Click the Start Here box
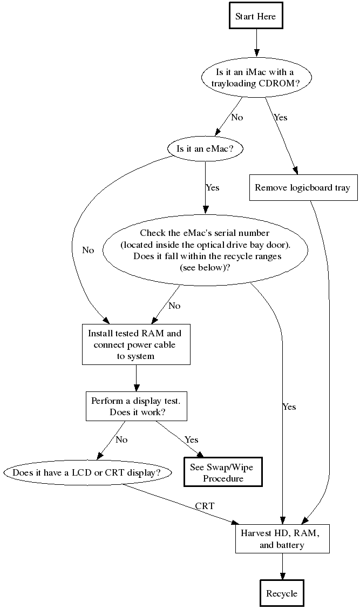256,16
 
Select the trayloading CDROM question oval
256,78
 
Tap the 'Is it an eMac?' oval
205,148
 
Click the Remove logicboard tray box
302,188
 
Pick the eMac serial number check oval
205,250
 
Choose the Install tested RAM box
136,344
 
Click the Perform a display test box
136,406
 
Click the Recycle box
282,593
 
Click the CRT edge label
205,506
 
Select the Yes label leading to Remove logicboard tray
281,117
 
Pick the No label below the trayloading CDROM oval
237,117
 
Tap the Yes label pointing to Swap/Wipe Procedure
192,439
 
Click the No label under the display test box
121,439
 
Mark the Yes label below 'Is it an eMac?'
212,187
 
